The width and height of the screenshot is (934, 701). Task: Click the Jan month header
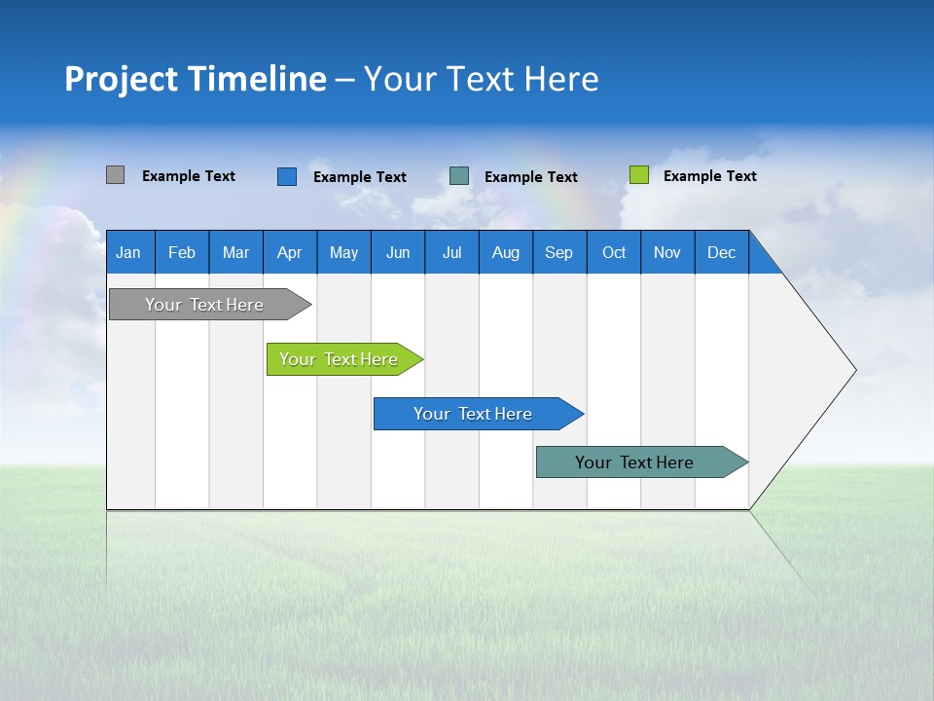click(x=128, y=252)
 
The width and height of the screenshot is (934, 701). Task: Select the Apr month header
click(x=289, y=252)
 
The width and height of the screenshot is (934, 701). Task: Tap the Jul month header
click(x=451, y=252)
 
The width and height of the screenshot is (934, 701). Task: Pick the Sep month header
click(x=558, y=252)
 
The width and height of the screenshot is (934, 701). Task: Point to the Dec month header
click(x=721, y=252)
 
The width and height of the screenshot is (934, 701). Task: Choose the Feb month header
click(x=182, y=252)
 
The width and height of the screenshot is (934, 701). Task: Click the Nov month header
click(x=666, y=252)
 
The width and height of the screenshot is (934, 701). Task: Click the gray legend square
click(x=115, y=175)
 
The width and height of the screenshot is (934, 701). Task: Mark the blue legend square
click(x=286, y=176)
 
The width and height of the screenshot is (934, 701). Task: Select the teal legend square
click(x=459, y=176)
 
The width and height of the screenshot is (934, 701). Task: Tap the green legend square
click(x=638, y=175)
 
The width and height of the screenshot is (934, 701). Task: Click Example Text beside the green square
click(x=709, y=176)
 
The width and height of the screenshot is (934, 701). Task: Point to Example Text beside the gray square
click(x=188, y=176)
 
